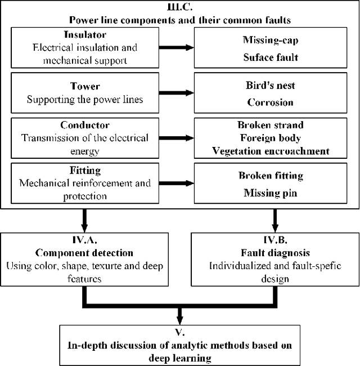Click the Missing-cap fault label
pos(270,39)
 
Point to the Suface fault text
pos(270,57)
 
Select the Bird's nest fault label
pos(270,86)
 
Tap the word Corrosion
pos(270,102)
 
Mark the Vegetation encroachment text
pos(270,151)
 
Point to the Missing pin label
pos(270,193)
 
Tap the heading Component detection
pos(84,254)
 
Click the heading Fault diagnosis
pos(275,254)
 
